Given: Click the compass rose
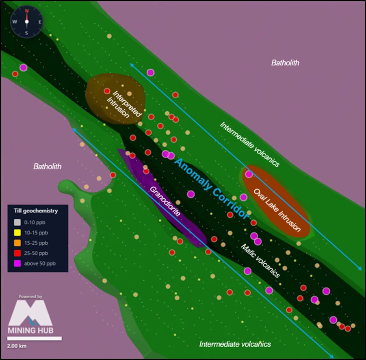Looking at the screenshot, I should [26, 22].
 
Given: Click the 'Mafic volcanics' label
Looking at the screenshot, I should [260, 260].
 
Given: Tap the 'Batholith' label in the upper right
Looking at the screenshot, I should [285, 63].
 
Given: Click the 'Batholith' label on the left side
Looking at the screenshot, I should [48, 166].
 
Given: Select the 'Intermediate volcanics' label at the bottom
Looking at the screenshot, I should [235, 344].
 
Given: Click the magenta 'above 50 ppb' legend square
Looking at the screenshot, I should [17, 264].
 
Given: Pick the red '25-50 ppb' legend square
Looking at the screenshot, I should [17, 253].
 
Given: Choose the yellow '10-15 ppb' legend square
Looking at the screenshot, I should [17, 233].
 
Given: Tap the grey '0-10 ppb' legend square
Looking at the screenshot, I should [17, 222].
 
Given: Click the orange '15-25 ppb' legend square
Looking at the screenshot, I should [17, 243].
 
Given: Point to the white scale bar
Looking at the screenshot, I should [35, 338].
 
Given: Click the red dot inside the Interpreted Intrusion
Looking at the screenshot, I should [107, 91].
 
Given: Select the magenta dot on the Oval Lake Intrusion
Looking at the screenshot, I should [249, 174].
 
